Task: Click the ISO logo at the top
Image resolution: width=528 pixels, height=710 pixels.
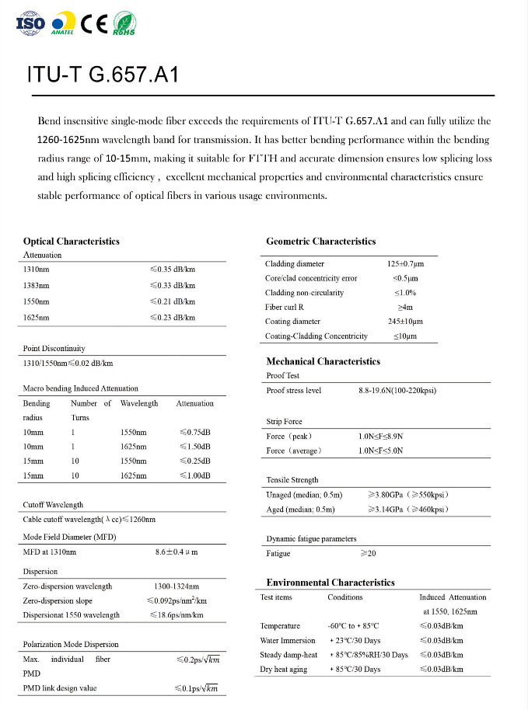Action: [x=30, y=23]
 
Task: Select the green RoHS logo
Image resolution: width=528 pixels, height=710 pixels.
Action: [x=124, y=23]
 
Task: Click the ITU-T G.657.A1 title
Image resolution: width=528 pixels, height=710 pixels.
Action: [x=103, y=75]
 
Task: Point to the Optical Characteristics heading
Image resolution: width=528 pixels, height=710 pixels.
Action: [x=72, y=241]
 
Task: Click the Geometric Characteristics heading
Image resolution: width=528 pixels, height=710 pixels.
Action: [x=320, y=241]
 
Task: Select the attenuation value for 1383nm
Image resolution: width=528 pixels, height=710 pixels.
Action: [x=172, y=285]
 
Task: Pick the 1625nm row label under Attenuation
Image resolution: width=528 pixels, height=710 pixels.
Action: [x=37, y=317]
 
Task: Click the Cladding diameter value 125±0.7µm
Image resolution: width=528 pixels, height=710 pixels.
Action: [x=405, y=264]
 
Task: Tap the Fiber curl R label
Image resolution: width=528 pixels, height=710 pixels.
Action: [x=285, y=307]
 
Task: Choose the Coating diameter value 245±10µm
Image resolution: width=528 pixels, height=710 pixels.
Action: [x=405, y=321]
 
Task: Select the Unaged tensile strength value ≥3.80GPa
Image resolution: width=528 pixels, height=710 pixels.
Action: [x=407, y=494]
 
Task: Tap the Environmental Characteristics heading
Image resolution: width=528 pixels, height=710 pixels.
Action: [x=330, y=582]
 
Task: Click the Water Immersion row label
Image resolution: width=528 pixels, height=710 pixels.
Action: [x=288, y=640]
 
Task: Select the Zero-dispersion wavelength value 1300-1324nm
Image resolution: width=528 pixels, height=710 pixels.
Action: [x=177, y=586]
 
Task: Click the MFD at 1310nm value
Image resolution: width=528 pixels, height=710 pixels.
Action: [x=177, y=552]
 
